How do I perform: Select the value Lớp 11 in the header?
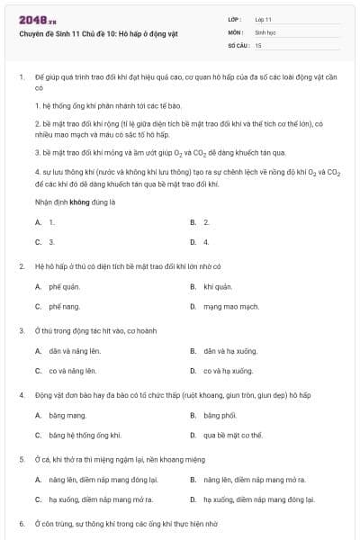tap(264, 19)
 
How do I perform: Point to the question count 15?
tap(258, 44)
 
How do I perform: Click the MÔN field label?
tap(235, 31)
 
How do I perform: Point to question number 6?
tap(21, 524)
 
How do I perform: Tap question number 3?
tap(21, 330)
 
